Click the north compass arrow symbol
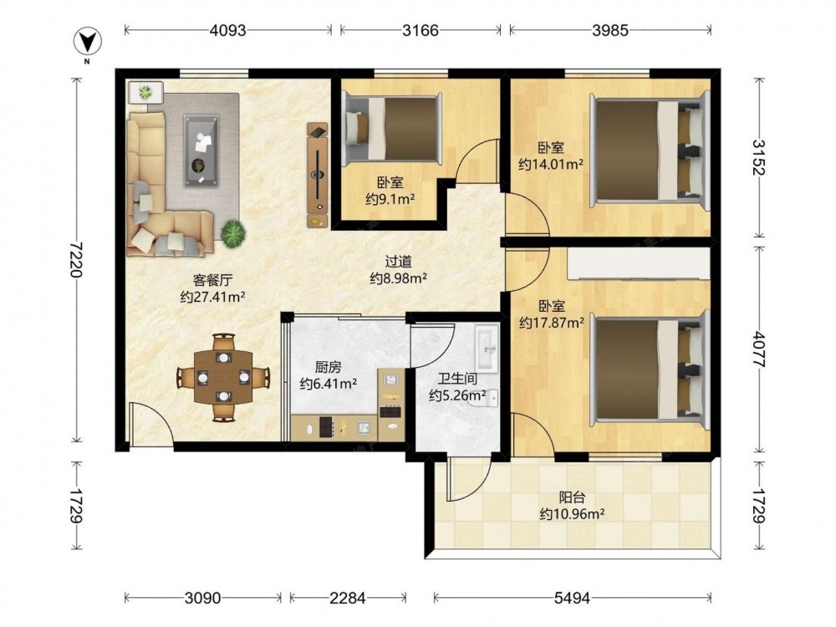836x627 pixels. [x=89, y=43]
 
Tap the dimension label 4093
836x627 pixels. [x=228, y=30]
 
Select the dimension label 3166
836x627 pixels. [x=421, y=30]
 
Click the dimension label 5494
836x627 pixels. [x=572, y=599]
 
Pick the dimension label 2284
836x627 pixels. [x=348, y=599]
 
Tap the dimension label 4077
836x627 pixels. [x=758, y=349]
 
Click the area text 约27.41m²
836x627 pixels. [x=212, y=297]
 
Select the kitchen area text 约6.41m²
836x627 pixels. [x=329, y=384]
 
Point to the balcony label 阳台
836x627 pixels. [x=572, y=497]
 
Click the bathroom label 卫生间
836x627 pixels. [x=457, y=379]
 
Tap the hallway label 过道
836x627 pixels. [x=398, y=262]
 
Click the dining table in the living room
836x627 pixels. [x=223, y=377]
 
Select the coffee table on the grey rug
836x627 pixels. [x=201, y=150]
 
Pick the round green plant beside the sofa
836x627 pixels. [x=233, y=233]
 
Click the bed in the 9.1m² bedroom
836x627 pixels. [x=392, y=129]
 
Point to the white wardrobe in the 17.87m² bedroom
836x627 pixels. [x=638, y=263]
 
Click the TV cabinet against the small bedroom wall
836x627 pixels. [x=318, y=175]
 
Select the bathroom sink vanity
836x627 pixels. [x=487, y=347]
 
